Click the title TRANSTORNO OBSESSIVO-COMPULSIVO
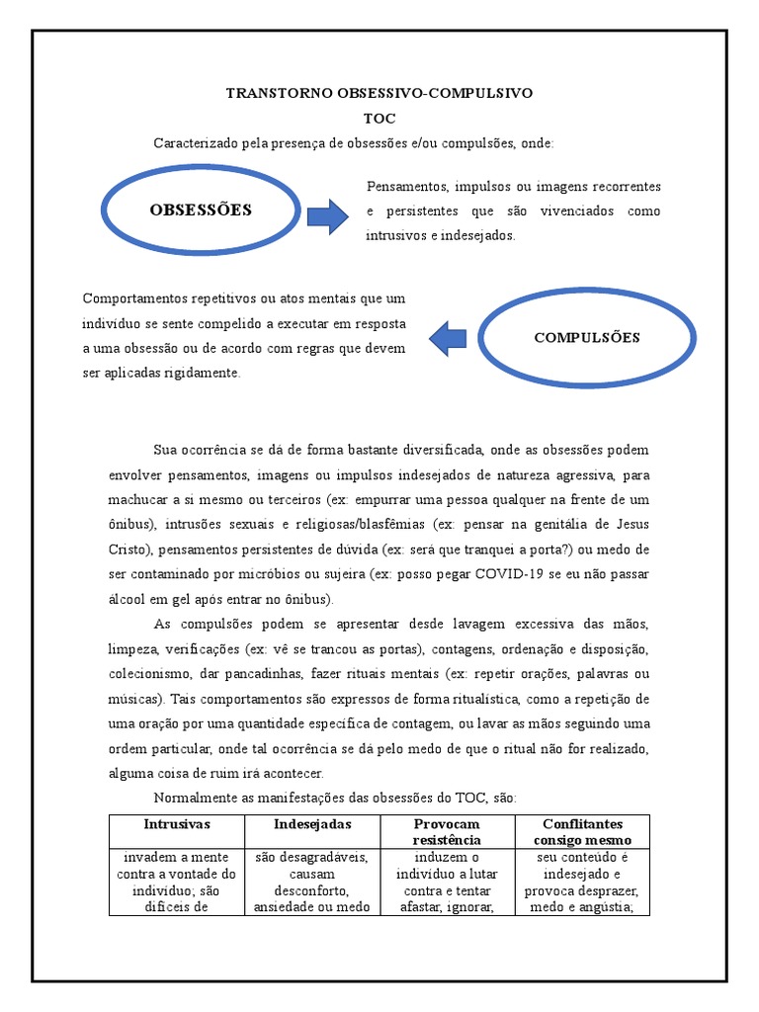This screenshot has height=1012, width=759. pyautogui.click(x=379, y=93)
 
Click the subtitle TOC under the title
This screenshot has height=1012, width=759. pyautogui.click(x=379, y=119)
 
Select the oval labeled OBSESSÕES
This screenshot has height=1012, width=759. pyautogui.click(x=201, y=210)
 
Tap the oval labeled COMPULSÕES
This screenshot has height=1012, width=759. pyautogui.click(x=587, y=338)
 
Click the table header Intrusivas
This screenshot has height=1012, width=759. pyautogui.click(x=177, y=824)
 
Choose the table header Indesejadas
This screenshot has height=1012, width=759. pyautogui.click(x=312, y=824)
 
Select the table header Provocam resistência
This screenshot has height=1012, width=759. pyautogui.click(x=447, y=831)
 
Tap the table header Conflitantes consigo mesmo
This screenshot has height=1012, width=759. pyautogui.click(x=582, y=831)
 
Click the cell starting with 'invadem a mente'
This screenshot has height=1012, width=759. pyautogui.click(x=177, y=882)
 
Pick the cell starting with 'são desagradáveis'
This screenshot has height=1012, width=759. pyautogui.click(x=312, y=882)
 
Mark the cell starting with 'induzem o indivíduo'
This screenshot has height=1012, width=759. pyautogui.click(x=447, y=882)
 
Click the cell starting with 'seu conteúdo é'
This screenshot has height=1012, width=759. pyautogui.click(x=582, y=882)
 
